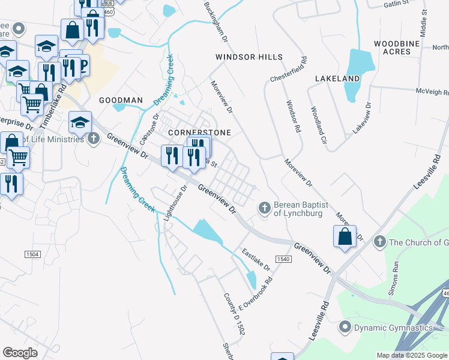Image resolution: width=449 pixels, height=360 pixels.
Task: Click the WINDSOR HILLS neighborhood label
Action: [249, 57]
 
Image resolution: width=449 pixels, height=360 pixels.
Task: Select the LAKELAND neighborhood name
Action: [337, 79]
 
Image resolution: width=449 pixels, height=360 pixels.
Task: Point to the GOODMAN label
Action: [121, 100]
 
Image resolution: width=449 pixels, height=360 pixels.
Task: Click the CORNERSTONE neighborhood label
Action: [191, 131]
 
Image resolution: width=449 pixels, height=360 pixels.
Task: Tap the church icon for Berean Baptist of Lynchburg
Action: [264, 208]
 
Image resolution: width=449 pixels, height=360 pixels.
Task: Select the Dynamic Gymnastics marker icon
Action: [345, 328]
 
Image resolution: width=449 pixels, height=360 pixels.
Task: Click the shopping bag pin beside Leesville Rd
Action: [345, 236]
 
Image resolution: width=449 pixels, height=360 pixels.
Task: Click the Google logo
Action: [20, 353]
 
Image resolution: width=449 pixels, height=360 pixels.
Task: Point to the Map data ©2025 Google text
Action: [411, 355]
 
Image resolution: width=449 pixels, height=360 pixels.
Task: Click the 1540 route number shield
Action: [283, 259]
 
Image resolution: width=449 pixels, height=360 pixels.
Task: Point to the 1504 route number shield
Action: [32, 254]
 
